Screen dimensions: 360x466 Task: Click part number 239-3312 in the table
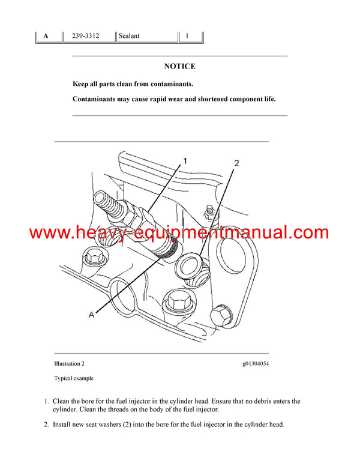pyautogui.click(x=86, y=36)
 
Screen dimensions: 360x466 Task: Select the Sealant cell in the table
pyautogui.click(x=129, y=36)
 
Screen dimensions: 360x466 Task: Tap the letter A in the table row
pyautogui.click(x=46, y=36)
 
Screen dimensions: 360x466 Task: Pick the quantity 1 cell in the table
pyautogui.click(x=187, y=36)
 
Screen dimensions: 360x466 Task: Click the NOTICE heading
pyautogui.click(x=180, y=66)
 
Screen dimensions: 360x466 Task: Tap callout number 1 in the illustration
pyautogui.click(x=185, y=161)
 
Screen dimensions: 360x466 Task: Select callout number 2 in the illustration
pyautogui.click(x=236, y=163)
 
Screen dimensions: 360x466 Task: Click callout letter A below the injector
pyautogui.click(x=91, y=315)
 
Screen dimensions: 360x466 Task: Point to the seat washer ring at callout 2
pyautogui.click(x=188, y=264)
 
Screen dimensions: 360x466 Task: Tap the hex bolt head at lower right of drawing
pyautogui.click(x=221, y=316)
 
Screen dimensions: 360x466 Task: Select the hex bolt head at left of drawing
pyautogui.click(x=93, y=256)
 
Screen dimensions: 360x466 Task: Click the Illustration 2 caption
pyautogui.click(x=69, y=363)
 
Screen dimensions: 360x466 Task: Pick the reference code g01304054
pyautogui.click(x=256, y=364)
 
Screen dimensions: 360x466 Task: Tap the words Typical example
pyautogui.click(x=74, y=378)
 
